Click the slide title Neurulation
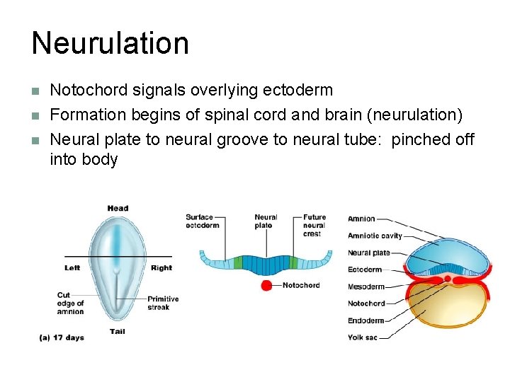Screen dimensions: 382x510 point(110,43)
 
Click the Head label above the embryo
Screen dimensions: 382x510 point(118,208)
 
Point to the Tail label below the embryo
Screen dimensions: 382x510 point(118,331)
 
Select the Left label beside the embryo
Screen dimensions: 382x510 point(72,268)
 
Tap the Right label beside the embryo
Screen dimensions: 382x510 point(161,268)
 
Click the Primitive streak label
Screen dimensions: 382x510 point(163,303)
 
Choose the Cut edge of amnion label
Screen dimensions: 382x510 point(71,303)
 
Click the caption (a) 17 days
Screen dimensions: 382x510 point(62,338)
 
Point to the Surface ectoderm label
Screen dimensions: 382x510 point(203,221)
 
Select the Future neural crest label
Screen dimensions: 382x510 point(314,225)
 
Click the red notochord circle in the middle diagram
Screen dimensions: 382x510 point(267,286)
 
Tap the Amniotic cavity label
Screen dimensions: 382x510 point(375,236)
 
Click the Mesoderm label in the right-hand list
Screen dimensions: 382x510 point(365,286)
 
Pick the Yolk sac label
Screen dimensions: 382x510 point(363,337)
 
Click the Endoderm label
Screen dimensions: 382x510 point(365,320)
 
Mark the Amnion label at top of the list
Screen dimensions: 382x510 point(361,219)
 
